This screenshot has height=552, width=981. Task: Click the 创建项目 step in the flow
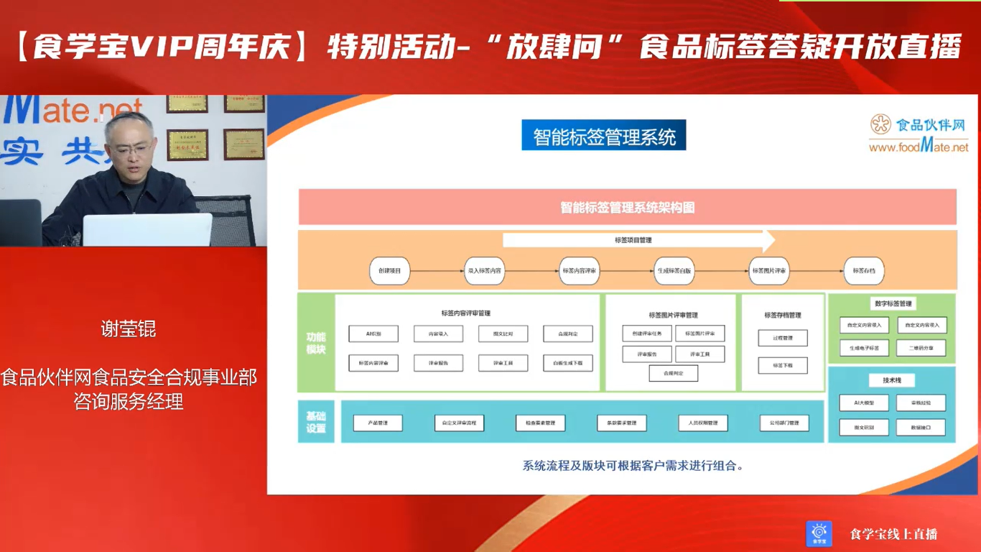point(389,272)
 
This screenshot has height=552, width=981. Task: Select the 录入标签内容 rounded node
point(485,272)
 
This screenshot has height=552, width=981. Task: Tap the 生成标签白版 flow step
point(674,272)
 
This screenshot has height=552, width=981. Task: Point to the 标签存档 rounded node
point(864,272)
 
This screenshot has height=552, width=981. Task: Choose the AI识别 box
point(373,334)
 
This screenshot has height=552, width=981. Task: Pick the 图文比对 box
point(503,334)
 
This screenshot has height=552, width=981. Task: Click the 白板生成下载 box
point(568,364)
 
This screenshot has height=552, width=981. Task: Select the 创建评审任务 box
point(647,333)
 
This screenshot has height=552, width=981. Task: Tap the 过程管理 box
point(783,338)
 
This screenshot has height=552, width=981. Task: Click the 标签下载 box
point(783,366)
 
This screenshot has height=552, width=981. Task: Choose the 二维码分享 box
point(921,348)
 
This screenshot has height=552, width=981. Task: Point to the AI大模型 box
point(864,403)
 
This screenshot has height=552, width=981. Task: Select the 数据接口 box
point(921,428)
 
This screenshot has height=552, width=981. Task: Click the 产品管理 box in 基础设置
point(378,423)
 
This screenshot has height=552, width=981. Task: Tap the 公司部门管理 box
point(784,423)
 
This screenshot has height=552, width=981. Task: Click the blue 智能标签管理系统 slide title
point(604,136)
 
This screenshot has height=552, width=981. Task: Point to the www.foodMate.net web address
point(919,147)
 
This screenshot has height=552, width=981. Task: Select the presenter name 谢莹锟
point(129,329)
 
